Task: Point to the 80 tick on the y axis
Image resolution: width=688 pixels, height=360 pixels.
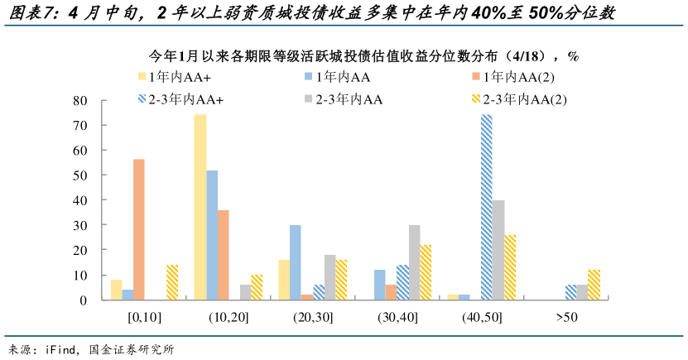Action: pos(80,100)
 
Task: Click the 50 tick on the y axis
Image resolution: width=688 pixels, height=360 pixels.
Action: pos(80,175)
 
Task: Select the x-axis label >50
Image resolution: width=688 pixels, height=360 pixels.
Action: pos(566,316)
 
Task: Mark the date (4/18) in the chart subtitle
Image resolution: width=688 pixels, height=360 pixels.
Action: pos(536,55)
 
